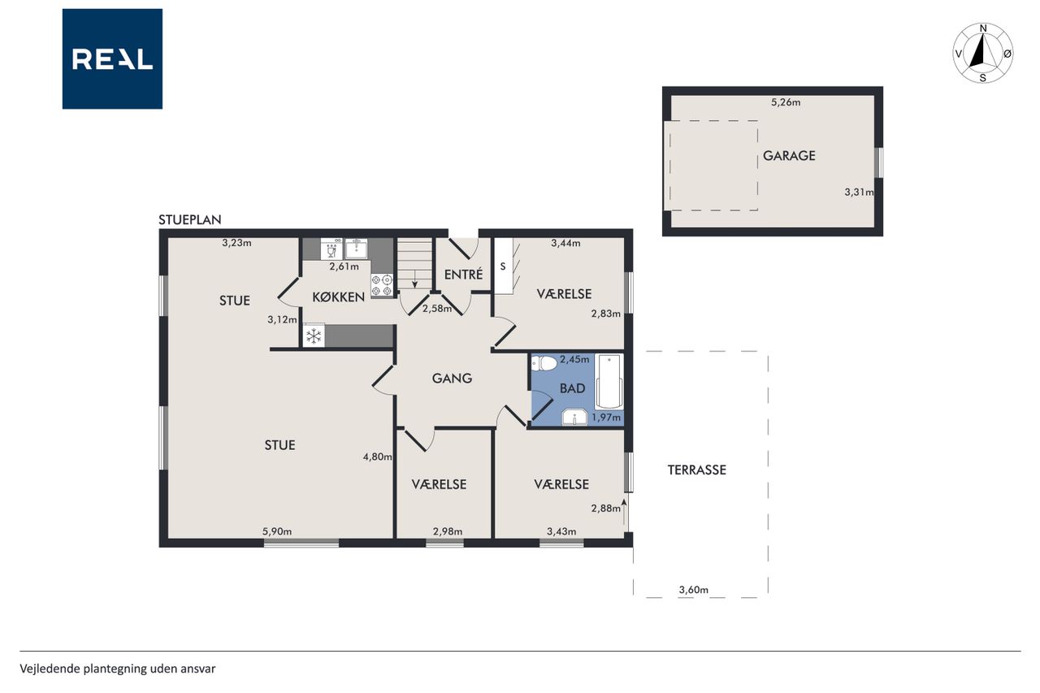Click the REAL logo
112,59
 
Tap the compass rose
983,54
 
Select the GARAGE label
789,155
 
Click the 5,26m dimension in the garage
786,102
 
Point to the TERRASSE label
696,470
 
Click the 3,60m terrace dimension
694,590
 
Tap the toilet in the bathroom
544,363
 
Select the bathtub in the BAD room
609,382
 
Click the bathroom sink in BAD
574,418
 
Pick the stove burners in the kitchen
382,285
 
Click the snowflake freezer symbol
314,336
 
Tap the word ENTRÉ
463,275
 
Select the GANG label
452,379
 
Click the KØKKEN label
338,297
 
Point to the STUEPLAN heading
190,219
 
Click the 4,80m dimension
378,457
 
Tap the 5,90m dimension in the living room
277,531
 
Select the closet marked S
503,266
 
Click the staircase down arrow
414,278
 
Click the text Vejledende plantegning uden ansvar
118,669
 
